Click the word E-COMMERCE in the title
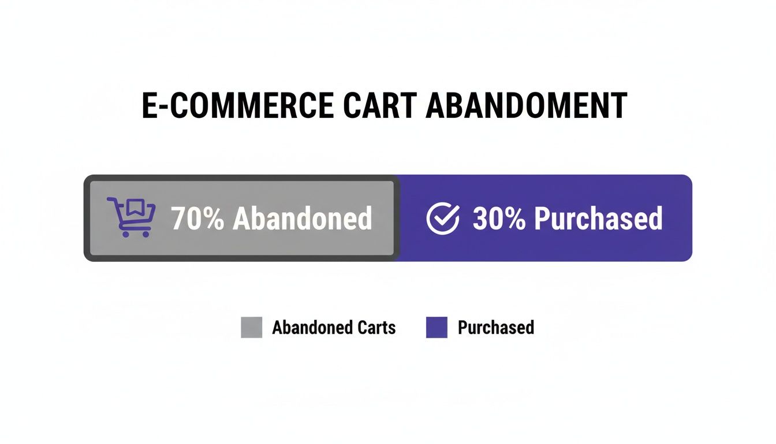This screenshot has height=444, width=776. tap(237, 106)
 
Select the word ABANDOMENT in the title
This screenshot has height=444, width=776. tap(526, 106)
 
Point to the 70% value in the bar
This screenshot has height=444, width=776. tap(197, 218)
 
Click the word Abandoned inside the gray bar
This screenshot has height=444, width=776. tap(302, 218)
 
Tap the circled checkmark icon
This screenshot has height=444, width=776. tap(443, 219)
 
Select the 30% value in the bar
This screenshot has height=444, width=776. tap(499, 218)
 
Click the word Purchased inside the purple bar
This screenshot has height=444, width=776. tap(598, 218)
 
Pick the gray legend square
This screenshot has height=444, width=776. tap(251, 327)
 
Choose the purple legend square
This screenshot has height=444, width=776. tap(436, 327)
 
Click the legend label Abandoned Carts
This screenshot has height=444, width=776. tap(334, 327)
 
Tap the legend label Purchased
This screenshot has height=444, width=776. tap(495, 327)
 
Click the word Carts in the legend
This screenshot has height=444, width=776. tap(375, 327)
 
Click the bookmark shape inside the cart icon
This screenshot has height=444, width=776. tap(136, 208)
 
